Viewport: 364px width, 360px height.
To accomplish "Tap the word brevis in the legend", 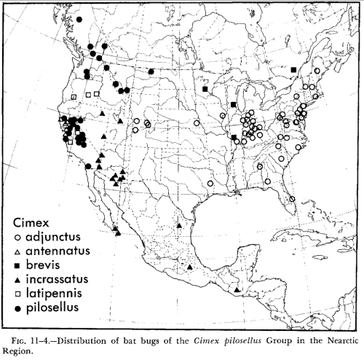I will (44, 265).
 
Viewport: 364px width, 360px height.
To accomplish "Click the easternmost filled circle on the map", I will (150, 71).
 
